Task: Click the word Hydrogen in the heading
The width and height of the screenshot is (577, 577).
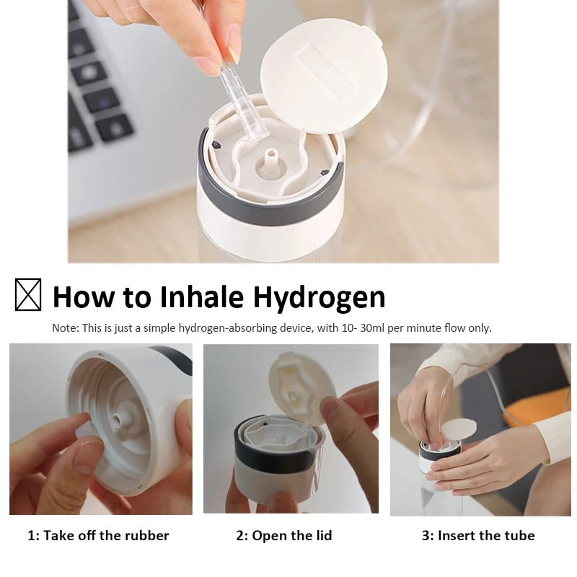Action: [319, 297]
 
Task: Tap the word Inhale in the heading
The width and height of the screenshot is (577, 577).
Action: [202, 296]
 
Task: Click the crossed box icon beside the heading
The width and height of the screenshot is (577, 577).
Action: [28, 294]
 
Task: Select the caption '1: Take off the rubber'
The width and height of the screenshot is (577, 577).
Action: [98, 535]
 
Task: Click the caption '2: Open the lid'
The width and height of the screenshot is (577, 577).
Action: [283, 536]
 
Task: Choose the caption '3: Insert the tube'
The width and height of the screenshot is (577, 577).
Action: [478, 535]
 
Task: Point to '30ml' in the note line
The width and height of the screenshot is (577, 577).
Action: [372, 328]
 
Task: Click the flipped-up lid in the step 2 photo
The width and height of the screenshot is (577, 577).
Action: [301, 387]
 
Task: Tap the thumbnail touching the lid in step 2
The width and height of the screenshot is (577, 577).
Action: [330, 409]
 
